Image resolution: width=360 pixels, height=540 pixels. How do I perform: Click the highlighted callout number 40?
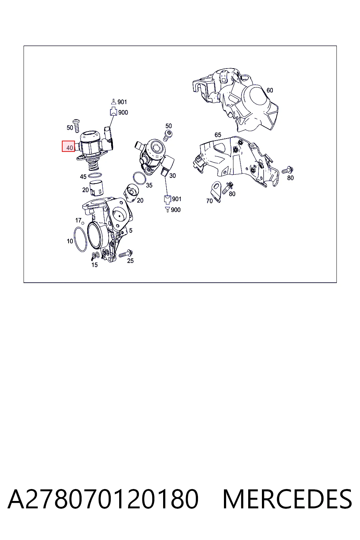coord(70,148)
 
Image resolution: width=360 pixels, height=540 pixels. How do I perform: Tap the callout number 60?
coord(270,90)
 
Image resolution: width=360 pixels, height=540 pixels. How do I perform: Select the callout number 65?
coord(218,135)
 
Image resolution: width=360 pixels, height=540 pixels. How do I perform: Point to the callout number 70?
coord(209,201)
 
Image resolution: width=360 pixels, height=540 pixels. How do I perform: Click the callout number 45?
coord(83,177)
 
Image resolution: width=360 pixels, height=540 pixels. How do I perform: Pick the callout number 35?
coord(149,185)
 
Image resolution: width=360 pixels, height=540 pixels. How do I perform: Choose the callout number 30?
coord(172,175)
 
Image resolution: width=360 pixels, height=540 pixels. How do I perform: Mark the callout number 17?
coord(78,220)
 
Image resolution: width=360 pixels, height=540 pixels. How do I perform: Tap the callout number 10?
coord(70,241)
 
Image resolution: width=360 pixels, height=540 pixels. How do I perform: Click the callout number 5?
coord(131,231)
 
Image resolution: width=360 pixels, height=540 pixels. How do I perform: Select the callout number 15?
coord(95,265)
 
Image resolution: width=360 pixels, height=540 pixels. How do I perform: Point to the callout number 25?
coord(130,261)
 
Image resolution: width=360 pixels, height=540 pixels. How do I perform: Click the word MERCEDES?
coord(287,499)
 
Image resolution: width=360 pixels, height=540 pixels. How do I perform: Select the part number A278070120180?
coord(103,499)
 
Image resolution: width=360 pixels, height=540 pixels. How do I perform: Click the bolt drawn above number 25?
coord(126,253)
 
